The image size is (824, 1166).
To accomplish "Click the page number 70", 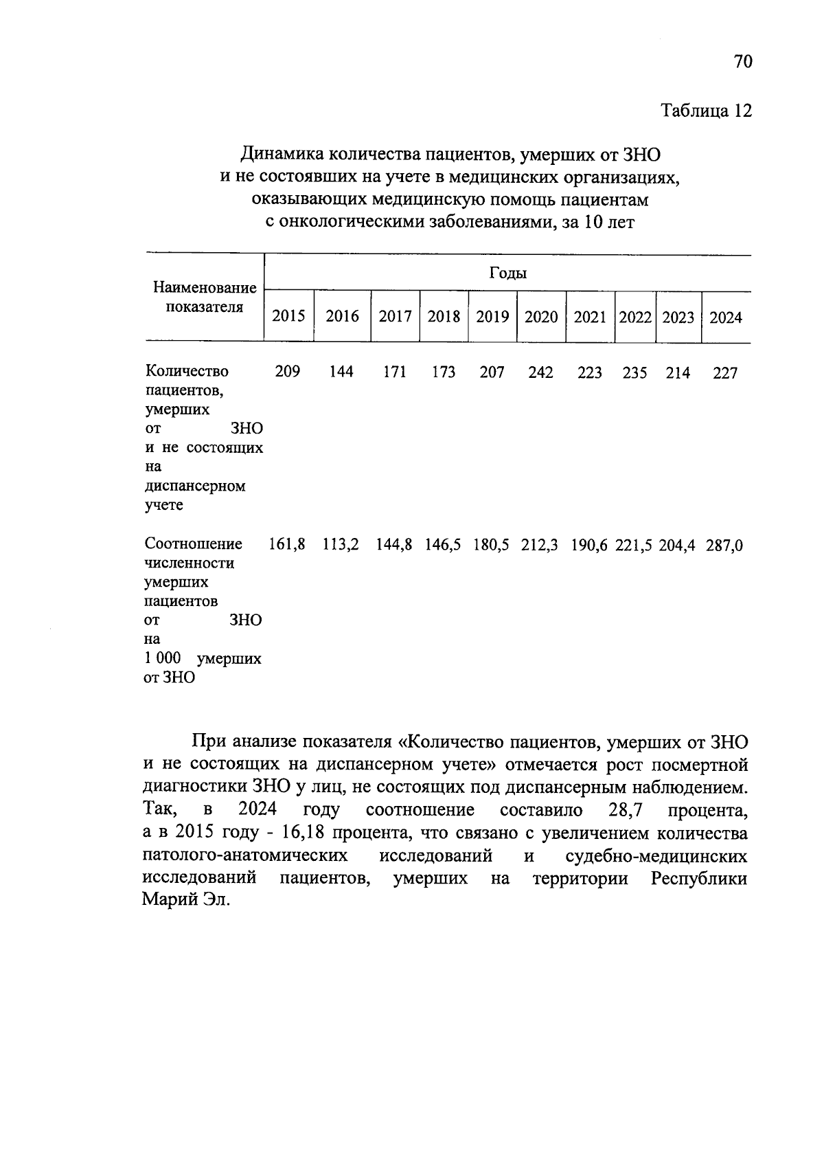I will [x=743, y=62].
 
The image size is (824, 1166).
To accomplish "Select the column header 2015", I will [x=288, y=317].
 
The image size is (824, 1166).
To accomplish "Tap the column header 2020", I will [x=541, y=317].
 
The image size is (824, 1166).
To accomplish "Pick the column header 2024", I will [x=726, y=317].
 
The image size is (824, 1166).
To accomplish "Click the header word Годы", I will [x=507, y=273].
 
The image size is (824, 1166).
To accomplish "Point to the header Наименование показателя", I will [x=205, y=298].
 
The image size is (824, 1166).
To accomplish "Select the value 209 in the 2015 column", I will [x=287, y=372].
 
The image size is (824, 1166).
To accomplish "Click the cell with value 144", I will [x=341, y=372].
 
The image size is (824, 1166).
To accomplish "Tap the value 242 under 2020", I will [x=540, y=373].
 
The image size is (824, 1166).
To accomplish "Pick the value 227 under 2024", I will [x=725, y=374].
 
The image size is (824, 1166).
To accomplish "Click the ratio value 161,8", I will [x=286, y=546].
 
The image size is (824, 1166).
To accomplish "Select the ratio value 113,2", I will [x=341, y=546].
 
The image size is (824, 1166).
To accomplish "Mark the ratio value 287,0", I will [x=725, y=547].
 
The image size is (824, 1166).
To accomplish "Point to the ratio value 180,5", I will [x=492, y=546].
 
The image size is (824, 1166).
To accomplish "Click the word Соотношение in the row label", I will [x=194, y=544].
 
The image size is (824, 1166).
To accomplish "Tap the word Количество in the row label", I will [x=187, y=372].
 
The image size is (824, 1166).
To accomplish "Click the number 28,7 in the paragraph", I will [x=625, y=810].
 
